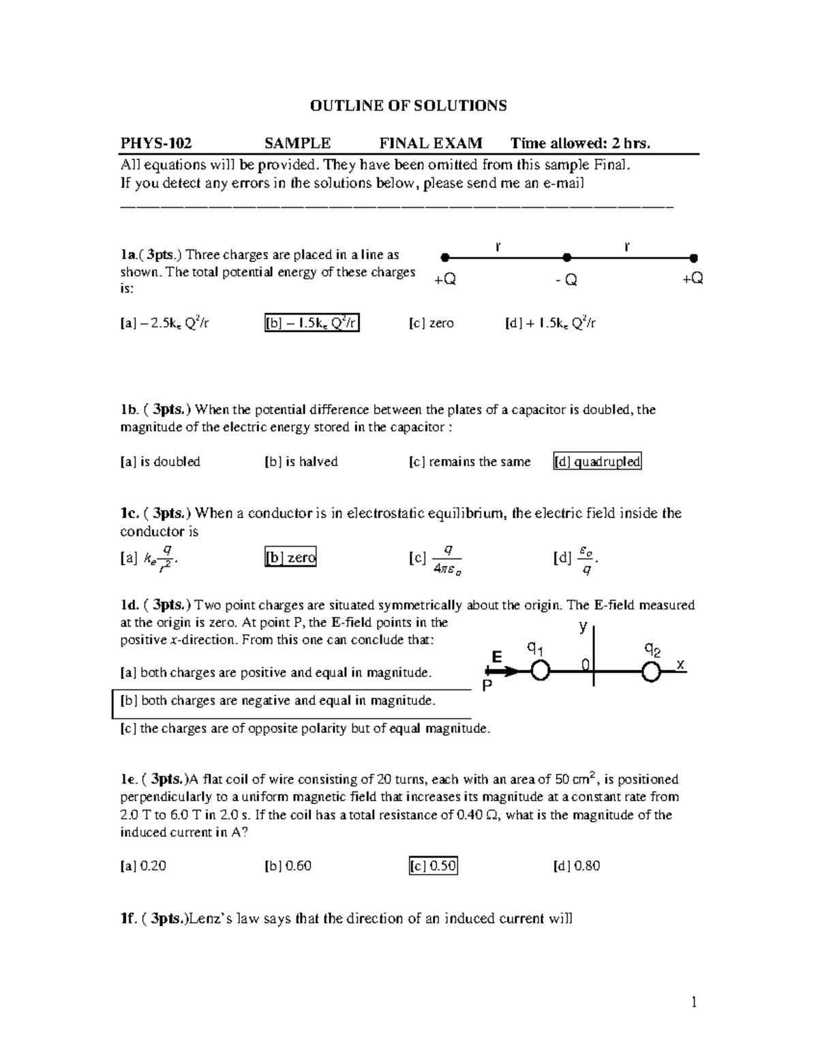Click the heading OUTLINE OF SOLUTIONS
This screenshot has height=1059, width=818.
tap(408, 106)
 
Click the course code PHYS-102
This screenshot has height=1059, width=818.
tap(156, 143)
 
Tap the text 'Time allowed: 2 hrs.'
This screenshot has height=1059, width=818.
tap(581, 143)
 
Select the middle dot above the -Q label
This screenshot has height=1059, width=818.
tap(566, 258)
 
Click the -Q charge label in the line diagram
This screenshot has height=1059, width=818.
tap(566, 280)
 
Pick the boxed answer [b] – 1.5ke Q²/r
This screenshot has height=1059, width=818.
tap(312, 323)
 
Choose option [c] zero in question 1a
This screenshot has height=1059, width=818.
tap(431, 323)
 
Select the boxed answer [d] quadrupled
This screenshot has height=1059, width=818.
tap(597, 462)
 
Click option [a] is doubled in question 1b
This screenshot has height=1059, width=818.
tap(160, 462)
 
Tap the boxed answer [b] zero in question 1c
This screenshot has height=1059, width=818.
tap(290, 558)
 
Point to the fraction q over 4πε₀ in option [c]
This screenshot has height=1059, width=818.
tap(447, 559)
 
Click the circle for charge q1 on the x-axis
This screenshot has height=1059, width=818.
tap(540, 672)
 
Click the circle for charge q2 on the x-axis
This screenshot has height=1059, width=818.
tap(651, 672)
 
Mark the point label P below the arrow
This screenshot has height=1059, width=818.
tap(487, 687)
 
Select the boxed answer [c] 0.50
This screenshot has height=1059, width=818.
tap(433, 866)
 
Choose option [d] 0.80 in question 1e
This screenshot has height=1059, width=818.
tap(577, 866)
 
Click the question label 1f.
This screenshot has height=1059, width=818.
tap(129, 919)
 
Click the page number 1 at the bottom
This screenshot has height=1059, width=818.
tap(694, 1002)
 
